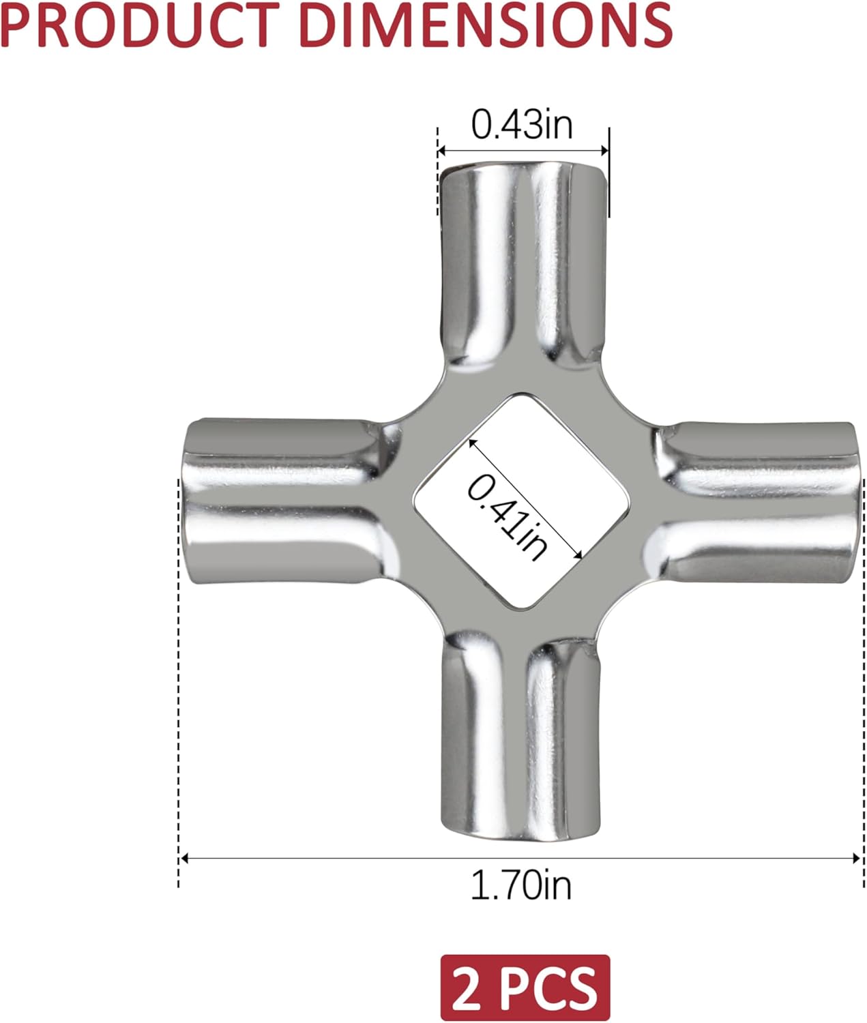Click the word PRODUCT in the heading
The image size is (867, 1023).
(x=140, y=25)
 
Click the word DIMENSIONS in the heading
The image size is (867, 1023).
(x=486, y=25)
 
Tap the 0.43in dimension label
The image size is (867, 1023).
(x=522, y=125)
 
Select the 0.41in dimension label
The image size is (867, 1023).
(x=508, y=517)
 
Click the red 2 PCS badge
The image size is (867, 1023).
(x=525, y=988)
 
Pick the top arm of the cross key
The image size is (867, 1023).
(x=523, y=267)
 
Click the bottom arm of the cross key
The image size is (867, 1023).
(x=521, y=737)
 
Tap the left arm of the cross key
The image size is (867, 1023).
(x=290, y=501)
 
